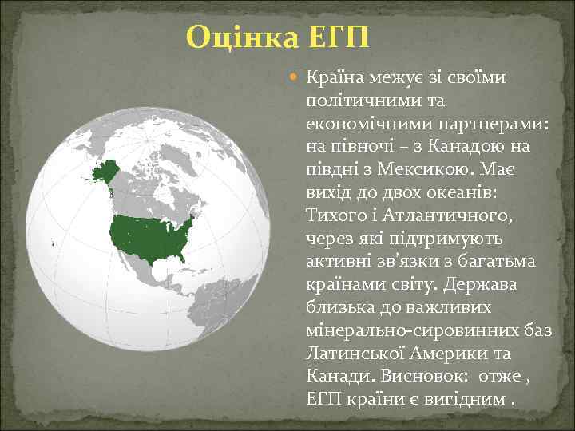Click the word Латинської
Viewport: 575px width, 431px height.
tap(357, 353)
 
